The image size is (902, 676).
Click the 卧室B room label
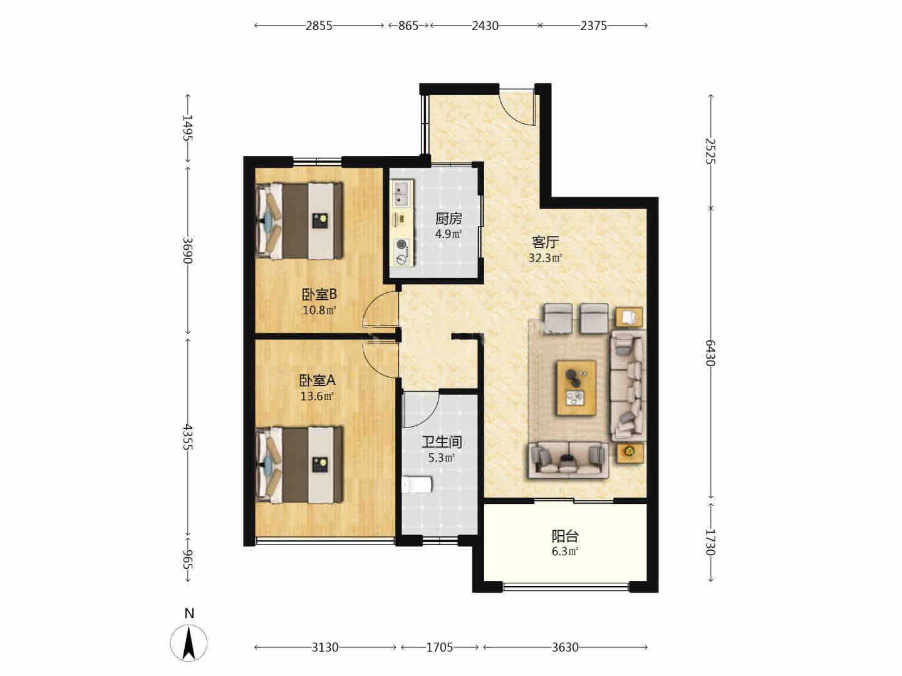coord(319,294)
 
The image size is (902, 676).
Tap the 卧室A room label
coord(317,381)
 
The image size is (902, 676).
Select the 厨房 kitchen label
coord(448,219)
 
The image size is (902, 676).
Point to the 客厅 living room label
coord(545,242)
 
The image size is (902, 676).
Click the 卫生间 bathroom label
coord(442,442)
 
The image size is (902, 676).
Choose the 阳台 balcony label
coord(565,536)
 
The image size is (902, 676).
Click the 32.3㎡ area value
coord(545,258)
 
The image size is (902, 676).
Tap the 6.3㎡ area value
coord(565,551)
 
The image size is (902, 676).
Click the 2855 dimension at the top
coord(319,26)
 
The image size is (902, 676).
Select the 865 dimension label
coord(408,26)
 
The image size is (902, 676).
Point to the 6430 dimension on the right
coord(710,353)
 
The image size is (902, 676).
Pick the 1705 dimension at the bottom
coord(439,648)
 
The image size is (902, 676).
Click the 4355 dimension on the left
coord(187,437)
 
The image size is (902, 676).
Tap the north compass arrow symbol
coord(189,643)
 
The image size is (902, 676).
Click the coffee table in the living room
coord(576,387)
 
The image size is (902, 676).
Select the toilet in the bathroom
coord(417,484)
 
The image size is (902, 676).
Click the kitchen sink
coord(402,193)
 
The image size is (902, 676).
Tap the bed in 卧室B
coord(299,221)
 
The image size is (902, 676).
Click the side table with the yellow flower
coord(629,453)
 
